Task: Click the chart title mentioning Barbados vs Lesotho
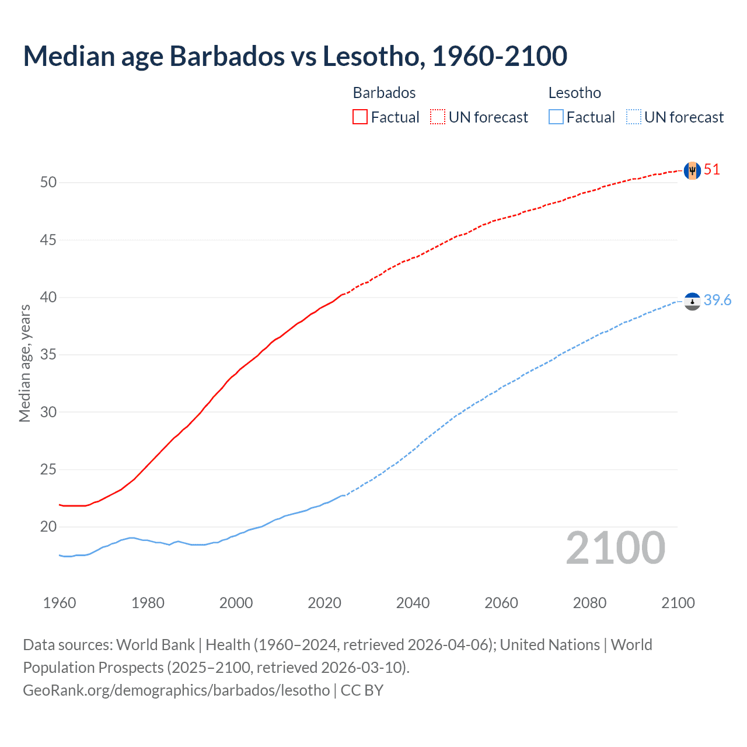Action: point(295,56)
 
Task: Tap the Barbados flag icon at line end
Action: point(692,170)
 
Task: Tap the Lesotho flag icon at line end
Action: point(692,301)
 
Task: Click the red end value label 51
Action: point(712,170)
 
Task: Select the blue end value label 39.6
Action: point(717,300)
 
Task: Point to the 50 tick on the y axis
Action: point(48,182)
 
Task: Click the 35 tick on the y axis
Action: point(48,355)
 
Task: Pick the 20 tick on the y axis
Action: point(48,527)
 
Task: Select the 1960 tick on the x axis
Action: point(60,603)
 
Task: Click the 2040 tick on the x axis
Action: point(413,603)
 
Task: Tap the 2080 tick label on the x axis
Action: point(589,603)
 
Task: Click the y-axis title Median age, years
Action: point(25,363)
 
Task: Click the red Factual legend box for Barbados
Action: point(360,117)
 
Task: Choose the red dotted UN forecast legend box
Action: point(438,117)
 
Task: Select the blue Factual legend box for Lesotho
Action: point(556,117)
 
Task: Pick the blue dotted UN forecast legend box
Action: point(634,117)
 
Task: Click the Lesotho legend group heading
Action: point(574,93)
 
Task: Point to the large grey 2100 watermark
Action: point(615,548)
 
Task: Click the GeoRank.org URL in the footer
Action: point(176,690)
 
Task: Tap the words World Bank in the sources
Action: point(155,645)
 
